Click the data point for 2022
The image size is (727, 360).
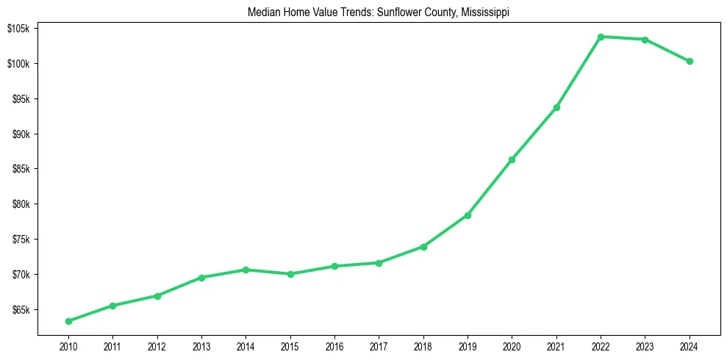point(601,37)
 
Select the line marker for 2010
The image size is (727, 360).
point(68,321)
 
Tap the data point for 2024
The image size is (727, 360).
point(690,62)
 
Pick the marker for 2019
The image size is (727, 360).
point(468,215)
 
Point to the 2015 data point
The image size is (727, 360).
point(290,274)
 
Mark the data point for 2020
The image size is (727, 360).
point(512,159)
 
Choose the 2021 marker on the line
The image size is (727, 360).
point(556,107)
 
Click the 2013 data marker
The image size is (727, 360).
point(201,278)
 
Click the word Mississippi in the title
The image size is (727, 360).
point(485,12)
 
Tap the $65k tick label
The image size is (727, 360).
point(19,310)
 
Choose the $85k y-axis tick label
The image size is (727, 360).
point(19,169)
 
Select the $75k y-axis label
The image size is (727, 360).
point(19,240)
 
